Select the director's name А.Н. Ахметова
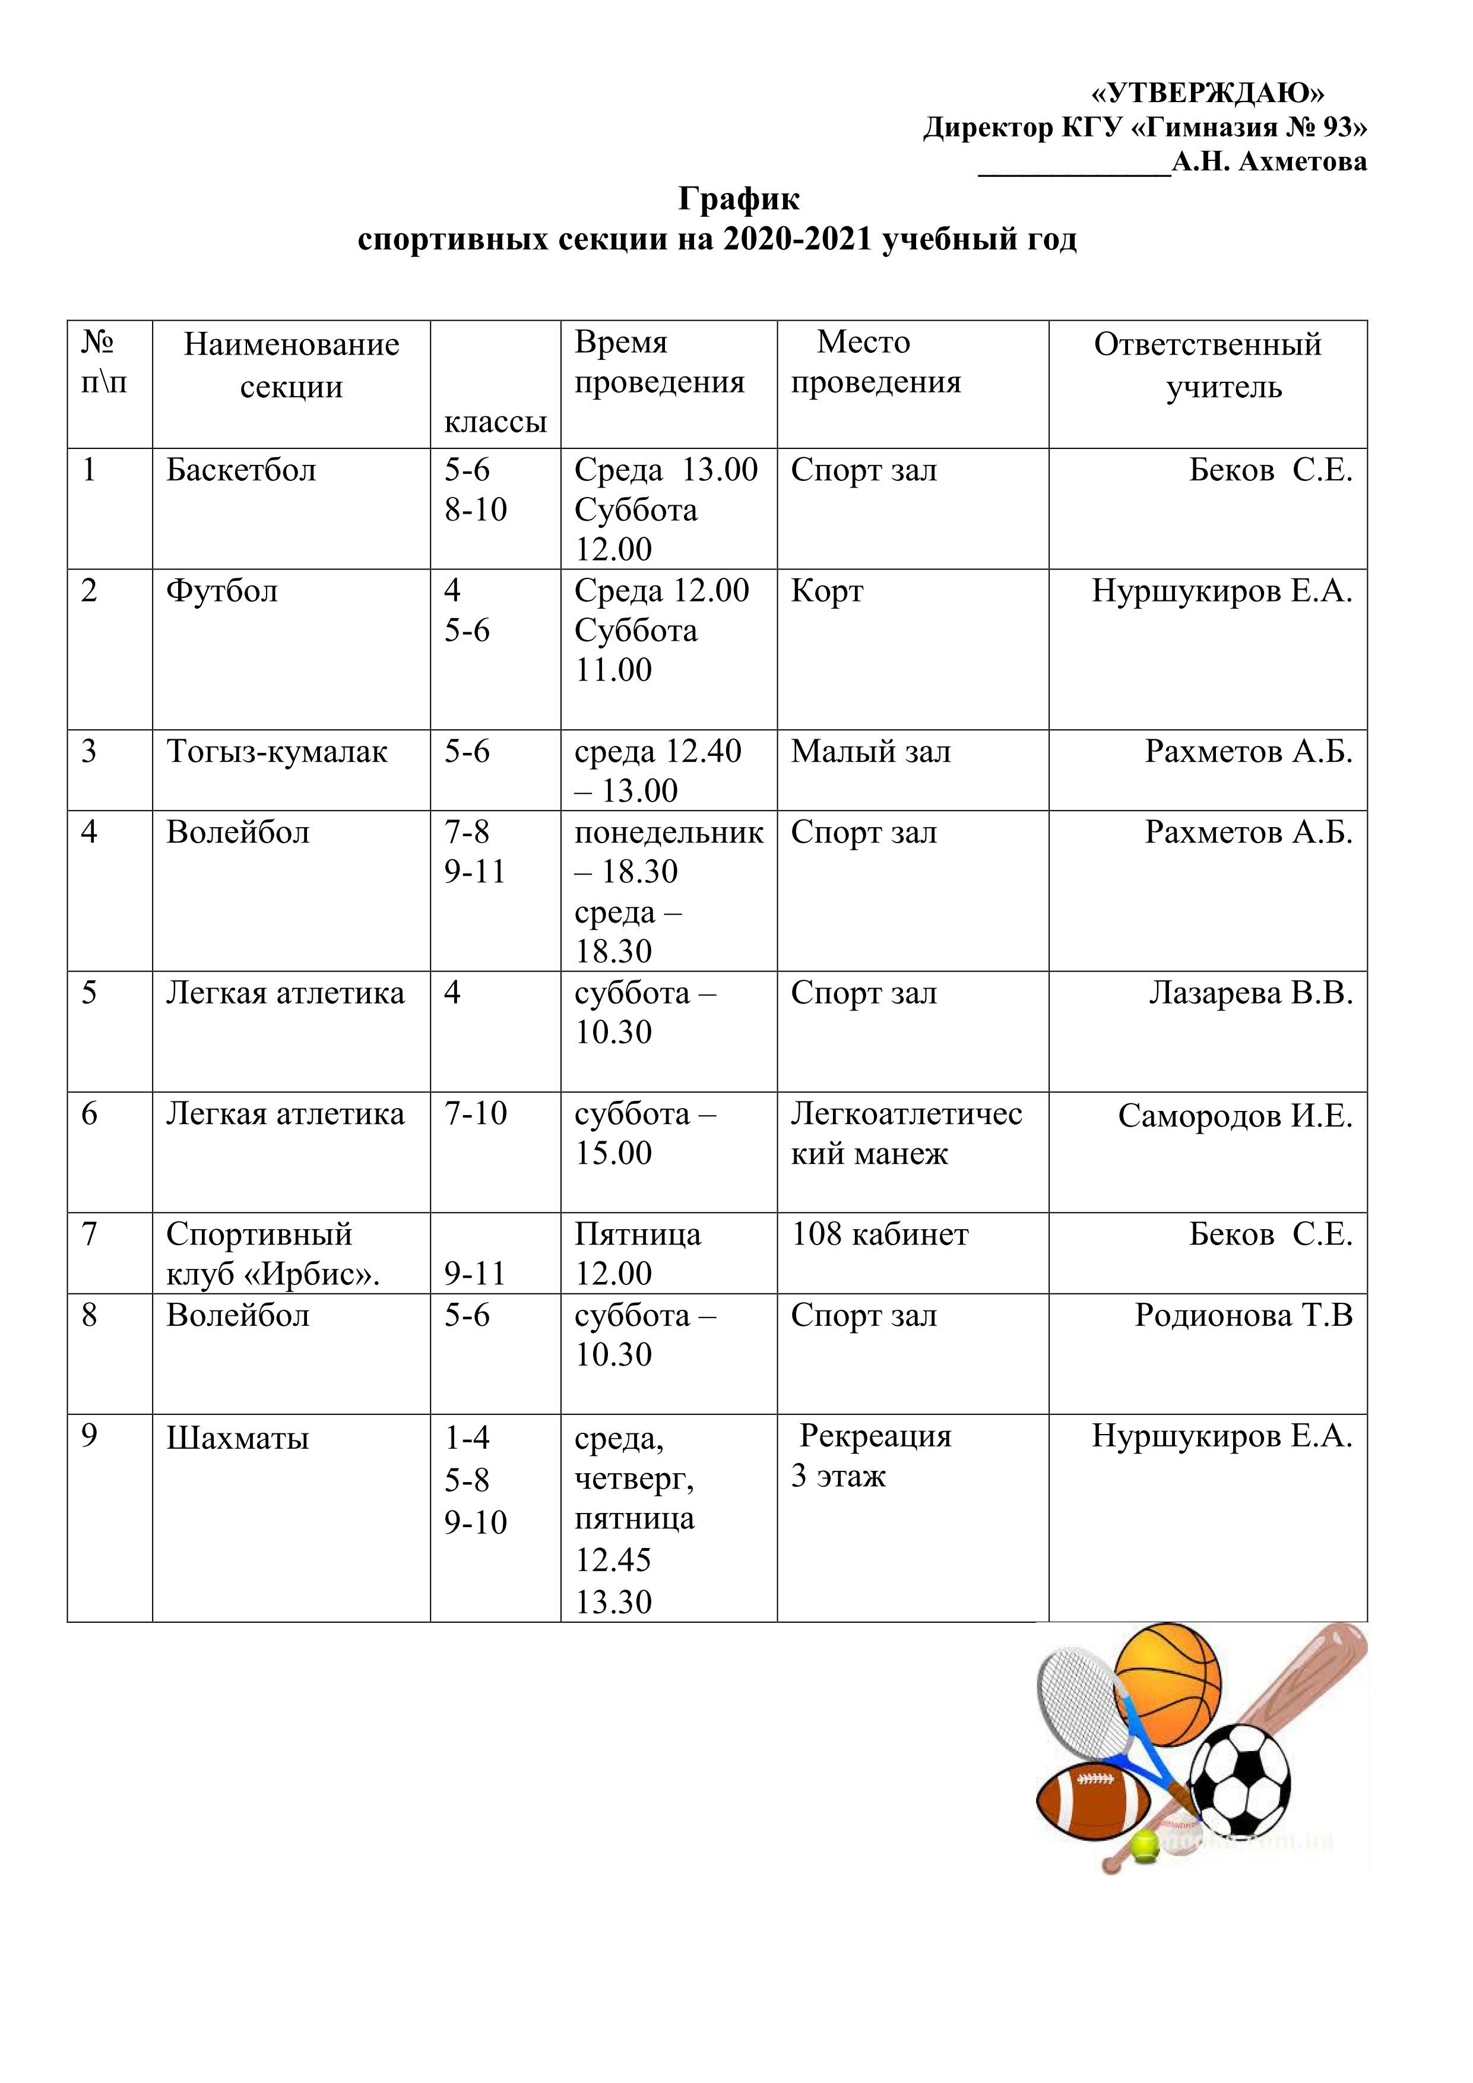pyautogui.click(x=1269, y=162)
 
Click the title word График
pyautogui.click(x=739, y=198)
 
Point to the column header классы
pyautogui.click(x=495, y=422)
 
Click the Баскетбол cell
pyautogui.click(x=241, y=470)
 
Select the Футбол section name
pyautogui.click(x=222, y=591)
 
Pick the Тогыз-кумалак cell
pyautogui.click(x=277, y=751)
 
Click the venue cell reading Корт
pyautogui.click(x=827, y=591)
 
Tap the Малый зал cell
pyautogui.click(x=871, y=751)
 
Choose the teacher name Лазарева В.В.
pyautogui.click(x=1251, y=992)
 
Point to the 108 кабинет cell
pyautogui.click(x=880, y=1234)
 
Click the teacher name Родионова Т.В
pyautogui.click(x=1243, y=1315)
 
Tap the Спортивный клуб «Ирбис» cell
pyautogui.click(x=272, y=1254)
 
